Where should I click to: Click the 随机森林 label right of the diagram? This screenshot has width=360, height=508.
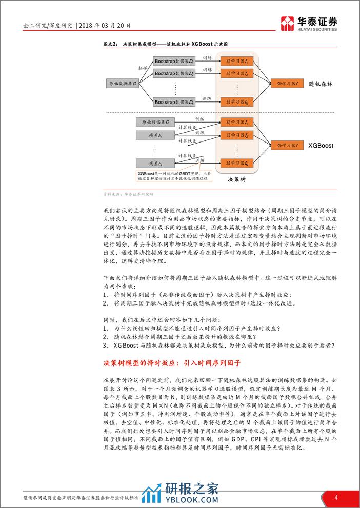(x=321, y=83)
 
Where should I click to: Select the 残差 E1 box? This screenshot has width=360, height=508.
(x=155, y=135)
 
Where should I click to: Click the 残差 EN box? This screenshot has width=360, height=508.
(x=155, y=163)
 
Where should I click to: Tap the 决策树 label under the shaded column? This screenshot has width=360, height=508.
(x=237, y=180)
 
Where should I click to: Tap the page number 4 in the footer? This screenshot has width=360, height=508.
(x=336, y=497)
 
